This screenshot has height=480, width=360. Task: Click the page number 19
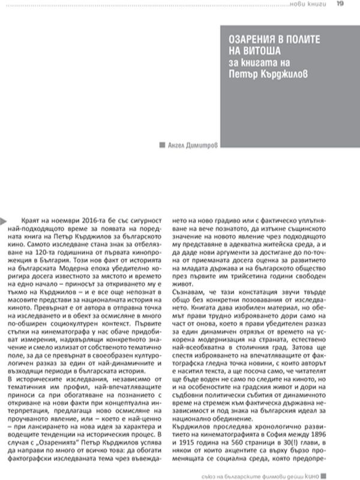(340, 5)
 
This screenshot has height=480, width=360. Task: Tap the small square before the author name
(162, 144)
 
